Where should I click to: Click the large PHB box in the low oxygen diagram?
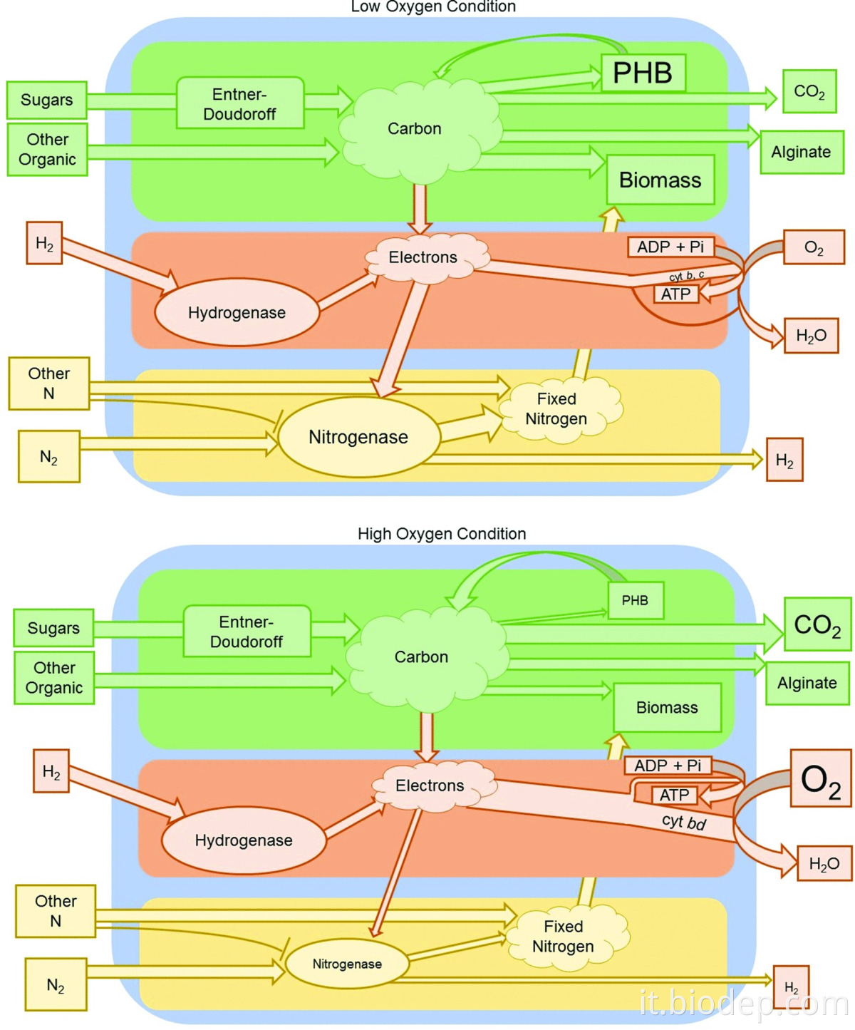point(643,73)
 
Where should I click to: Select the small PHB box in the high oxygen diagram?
point(635,600)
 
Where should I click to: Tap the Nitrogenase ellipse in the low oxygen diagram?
point(358,437)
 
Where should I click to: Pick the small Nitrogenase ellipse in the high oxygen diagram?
point(347,964)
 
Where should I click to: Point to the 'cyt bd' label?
point(684,822)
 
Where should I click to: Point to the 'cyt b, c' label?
point(687,275)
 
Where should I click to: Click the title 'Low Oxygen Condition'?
point(433,7)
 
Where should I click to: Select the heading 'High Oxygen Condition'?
point(442,534)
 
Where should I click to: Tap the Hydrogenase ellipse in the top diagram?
point(237,313)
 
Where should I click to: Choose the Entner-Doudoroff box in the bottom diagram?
point(247,632)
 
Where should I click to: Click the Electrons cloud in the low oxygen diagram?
point(423,257)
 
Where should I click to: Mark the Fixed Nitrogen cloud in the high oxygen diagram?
point(563,936)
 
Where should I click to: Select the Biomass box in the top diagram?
point(660,180)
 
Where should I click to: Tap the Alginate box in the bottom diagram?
point(807,683)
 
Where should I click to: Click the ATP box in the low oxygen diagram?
point(675,294)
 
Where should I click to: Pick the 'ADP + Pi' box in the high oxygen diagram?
point(668,766)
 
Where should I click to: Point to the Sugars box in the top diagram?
point(46,100)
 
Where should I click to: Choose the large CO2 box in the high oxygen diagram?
point(817,625)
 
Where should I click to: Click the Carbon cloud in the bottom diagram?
point(422,656)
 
